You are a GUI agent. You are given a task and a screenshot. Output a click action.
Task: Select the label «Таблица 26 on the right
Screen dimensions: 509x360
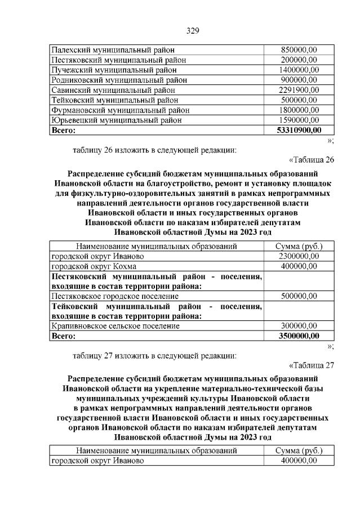312,159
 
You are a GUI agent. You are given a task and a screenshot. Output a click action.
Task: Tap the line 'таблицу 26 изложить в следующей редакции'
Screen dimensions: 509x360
155,150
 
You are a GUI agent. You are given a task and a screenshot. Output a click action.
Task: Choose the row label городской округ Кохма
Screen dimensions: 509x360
89,266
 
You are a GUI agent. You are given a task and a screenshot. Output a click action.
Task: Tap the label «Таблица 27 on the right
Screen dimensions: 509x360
312,365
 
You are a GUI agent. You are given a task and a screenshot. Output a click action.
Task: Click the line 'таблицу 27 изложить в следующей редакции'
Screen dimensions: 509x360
155,355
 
